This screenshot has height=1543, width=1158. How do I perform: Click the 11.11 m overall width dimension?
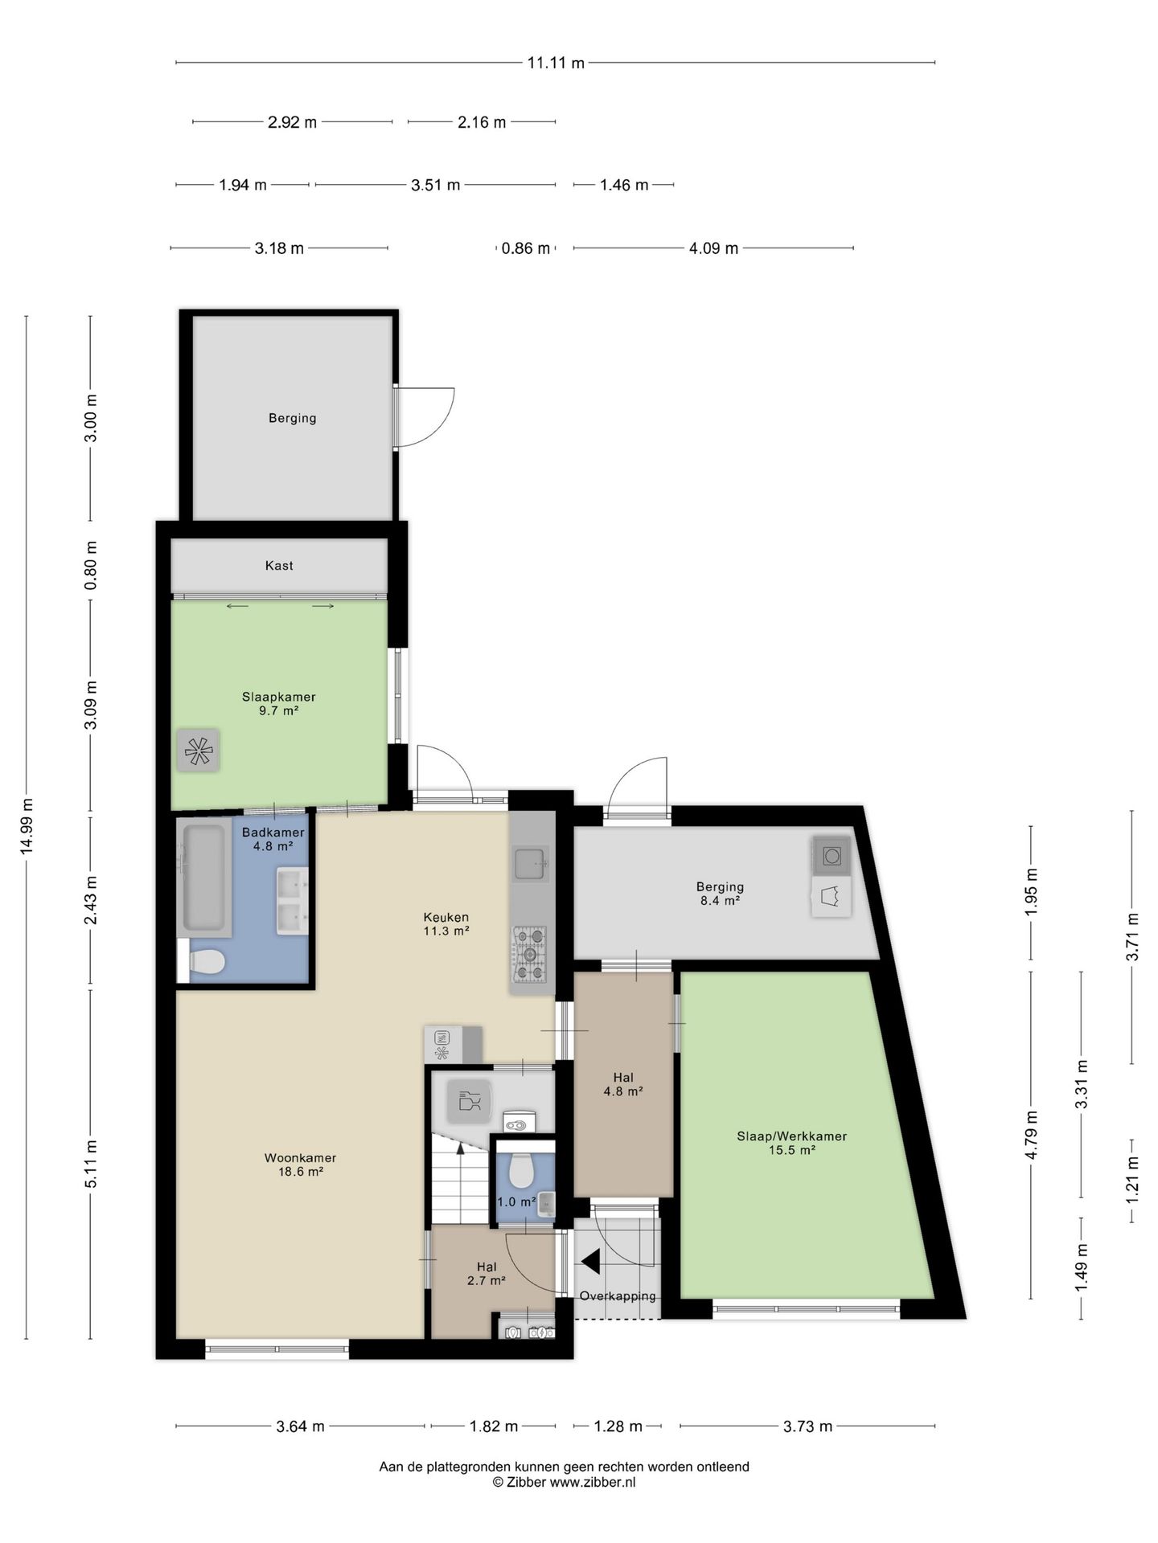556,63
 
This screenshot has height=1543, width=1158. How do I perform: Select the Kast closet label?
279,566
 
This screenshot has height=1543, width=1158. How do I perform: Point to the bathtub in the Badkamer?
204,878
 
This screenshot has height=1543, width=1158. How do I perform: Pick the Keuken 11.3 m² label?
446,924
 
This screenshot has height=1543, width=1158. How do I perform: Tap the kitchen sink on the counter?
531,864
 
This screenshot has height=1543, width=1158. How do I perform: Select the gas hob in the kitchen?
531,955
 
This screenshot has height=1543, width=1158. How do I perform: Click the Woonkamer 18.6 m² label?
300,1164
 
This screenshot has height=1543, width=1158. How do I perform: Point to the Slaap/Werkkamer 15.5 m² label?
792,1143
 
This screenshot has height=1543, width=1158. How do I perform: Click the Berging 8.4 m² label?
720,894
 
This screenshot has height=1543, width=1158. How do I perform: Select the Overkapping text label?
618,1296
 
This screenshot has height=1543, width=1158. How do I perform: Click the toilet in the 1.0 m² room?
521,1171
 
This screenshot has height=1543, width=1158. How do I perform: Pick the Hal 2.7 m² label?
487,1274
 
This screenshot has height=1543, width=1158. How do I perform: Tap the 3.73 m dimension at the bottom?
807,1426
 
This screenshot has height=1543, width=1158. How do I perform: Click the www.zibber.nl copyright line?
565,1483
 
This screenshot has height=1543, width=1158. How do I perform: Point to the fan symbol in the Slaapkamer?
198,751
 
